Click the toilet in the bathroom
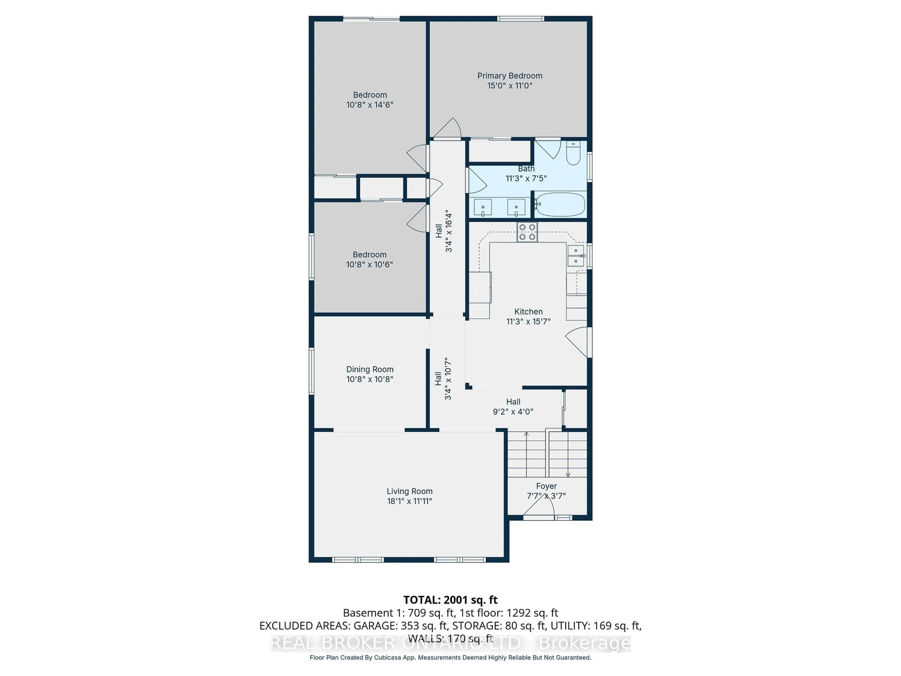tap(573, 154)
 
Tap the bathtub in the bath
tap(561, 204)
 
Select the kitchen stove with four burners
tap(527, 232)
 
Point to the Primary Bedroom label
tap(510, 76)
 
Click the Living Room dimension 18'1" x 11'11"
tap(409, 501)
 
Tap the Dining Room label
tap(370, 369)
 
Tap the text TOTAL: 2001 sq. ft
tap(450, 600)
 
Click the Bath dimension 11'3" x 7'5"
tap(526, 178)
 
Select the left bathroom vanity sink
tap(483, 207)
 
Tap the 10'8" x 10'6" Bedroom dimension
tap(370, 265)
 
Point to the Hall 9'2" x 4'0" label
tap(513, 402)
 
